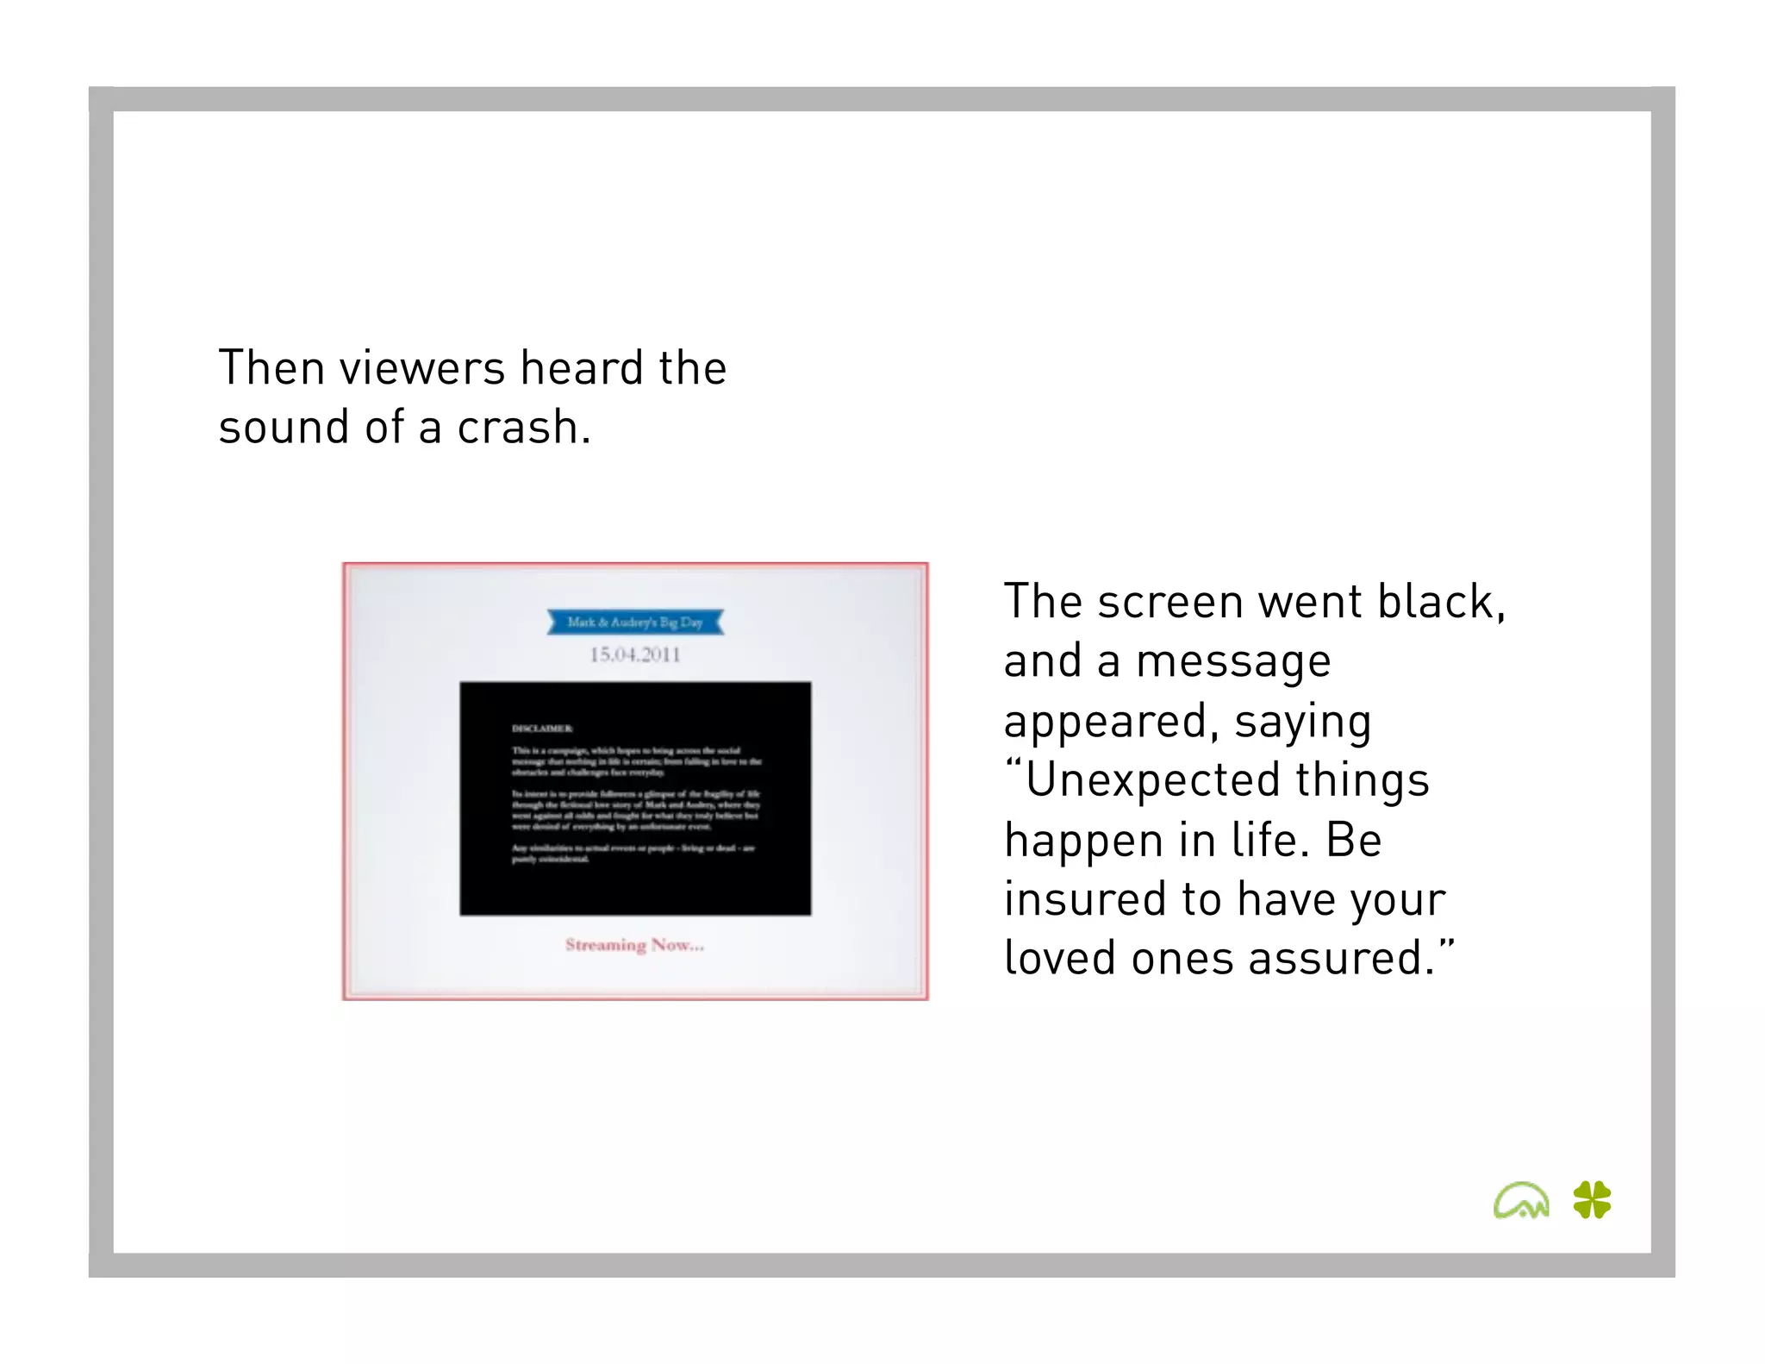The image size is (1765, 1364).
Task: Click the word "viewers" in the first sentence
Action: click(421, 368)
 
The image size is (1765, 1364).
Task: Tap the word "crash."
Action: click(524, 428)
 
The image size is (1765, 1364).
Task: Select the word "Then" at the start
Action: click(271, 368)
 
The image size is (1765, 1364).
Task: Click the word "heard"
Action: click(582, 368)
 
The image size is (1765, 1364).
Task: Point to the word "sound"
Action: click(284, 428)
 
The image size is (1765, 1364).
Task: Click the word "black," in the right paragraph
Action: click(1441, 601)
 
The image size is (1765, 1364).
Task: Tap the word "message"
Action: click(1233, 661)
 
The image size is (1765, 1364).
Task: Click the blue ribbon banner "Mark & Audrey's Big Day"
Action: click(635, 622)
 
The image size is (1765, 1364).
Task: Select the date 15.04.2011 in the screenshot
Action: click(635, 654)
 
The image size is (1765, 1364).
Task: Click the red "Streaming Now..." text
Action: click(634, 945)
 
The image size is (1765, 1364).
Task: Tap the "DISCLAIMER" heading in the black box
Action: click(542, 729)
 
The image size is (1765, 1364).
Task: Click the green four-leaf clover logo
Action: click(1592, 1199)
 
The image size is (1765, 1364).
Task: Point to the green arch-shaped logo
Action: click(1521, 1200)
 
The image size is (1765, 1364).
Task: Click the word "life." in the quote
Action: click(1270, 840)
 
